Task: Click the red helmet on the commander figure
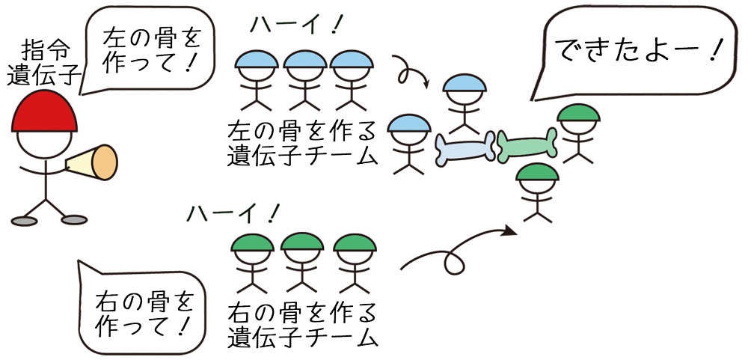tap(45, 113)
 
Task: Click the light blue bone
tap(465, 147)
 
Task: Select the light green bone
tap(528, 145)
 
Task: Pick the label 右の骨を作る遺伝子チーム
tap(303, 323)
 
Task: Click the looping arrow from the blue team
tap(414, 71)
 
